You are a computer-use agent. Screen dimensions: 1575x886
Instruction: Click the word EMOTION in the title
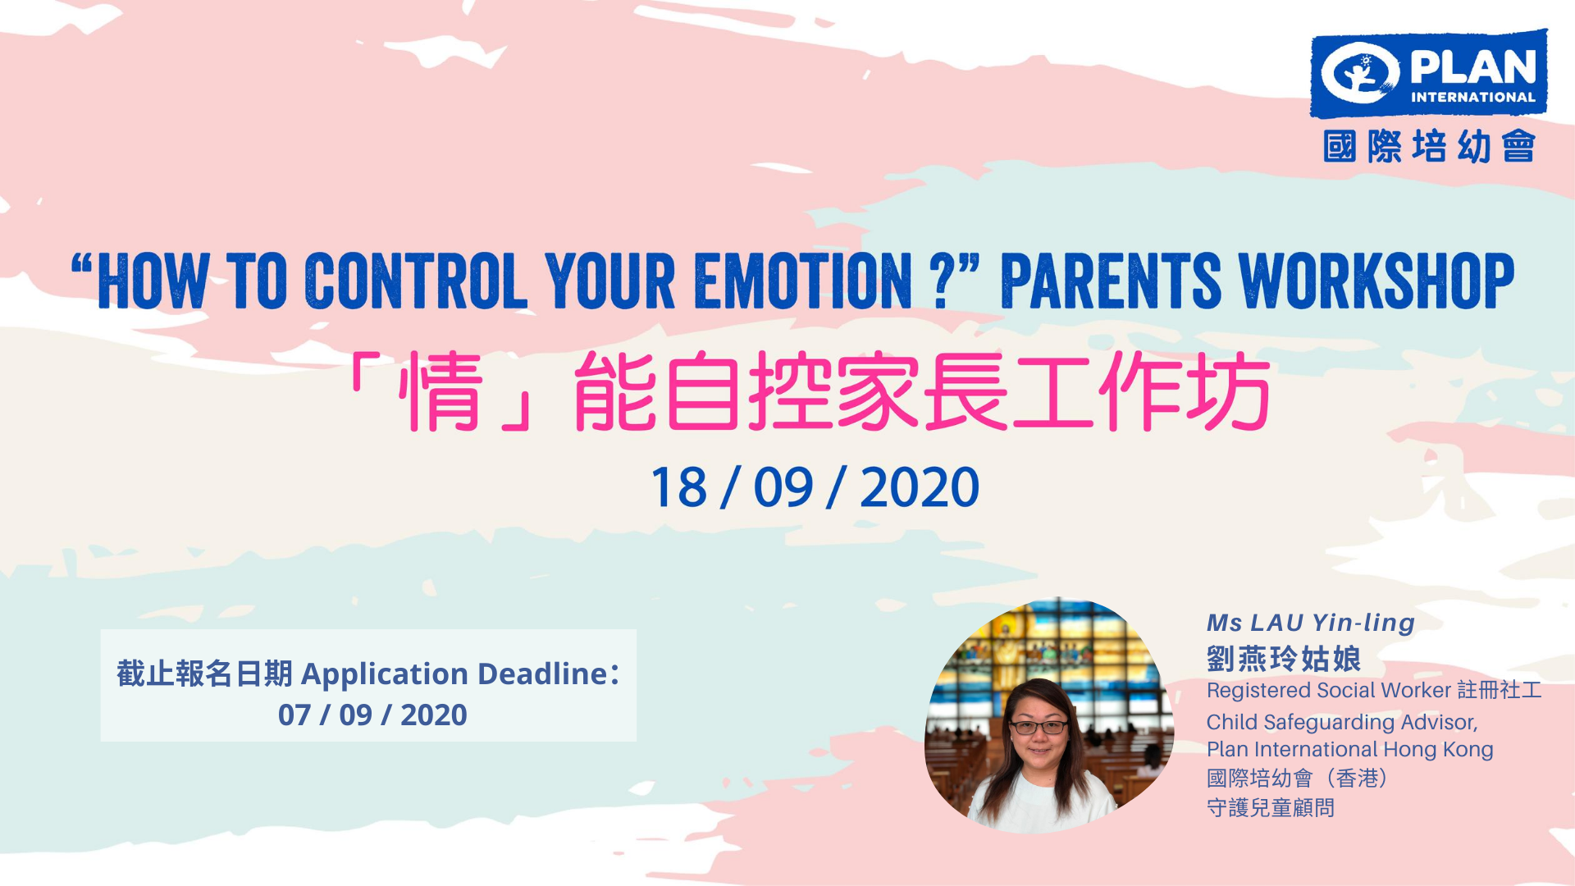(x=803, y=281)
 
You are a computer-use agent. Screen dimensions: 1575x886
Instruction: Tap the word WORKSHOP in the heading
(x=1376, y=281)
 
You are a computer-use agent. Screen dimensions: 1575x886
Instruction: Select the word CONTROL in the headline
(x=416, y=281)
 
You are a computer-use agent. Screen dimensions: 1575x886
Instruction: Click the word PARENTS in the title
(x=1111, y=281)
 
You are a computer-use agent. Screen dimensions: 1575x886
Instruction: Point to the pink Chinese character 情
(x=441, y=391)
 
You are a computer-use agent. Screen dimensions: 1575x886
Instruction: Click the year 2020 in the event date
(x=920, y=488)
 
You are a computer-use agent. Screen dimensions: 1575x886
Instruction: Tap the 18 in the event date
(x=678, y=488)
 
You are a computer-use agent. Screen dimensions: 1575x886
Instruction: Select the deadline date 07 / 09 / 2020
(x=372, y=715)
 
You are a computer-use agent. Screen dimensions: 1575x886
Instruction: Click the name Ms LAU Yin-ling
(x=1311, y=623)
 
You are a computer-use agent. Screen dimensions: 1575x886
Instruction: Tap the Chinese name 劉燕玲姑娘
(x=1284, y=658)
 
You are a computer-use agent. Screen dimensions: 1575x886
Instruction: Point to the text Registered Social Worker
(x=1329, y=691)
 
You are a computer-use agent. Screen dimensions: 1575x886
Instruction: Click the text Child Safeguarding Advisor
(x=1342, y=723)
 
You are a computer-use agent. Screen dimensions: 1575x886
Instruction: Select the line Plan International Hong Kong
(x=1350, y=750)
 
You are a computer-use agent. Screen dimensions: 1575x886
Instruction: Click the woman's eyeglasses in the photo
(x=1039, y=727)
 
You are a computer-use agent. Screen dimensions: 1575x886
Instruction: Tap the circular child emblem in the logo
(x=1360, y=73)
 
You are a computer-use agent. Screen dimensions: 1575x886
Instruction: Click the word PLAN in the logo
(x=1473, y=66)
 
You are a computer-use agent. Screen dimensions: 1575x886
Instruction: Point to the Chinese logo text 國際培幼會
(x=1429, y=146)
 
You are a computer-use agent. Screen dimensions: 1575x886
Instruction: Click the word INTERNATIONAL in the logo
(x=1473, y=97)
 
